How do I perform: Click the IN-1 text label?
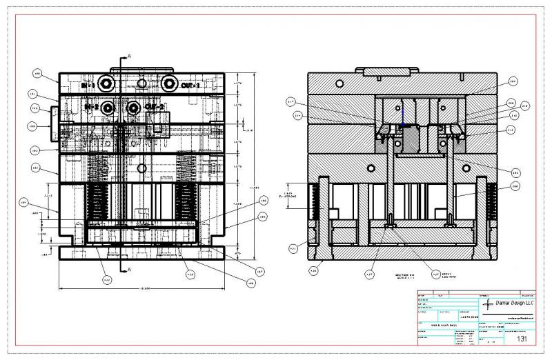click(87, 85)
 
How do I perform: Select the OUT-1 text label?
click(190, 85)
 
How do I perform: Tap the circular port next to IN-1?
click(106, 84)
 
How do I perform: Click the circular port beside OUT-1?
click(169, 84)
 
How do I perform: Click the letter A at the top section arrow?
click(129, 54)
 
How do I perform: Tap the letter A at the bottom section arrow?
click(129, 269)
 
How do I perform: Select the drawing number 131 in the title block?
click(522, 339)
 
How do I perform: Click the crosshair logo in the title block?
click(489, 304)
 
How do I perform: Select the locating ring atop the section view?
click(387, 71)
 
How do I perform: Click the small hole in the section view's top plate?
click(339, 83)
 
